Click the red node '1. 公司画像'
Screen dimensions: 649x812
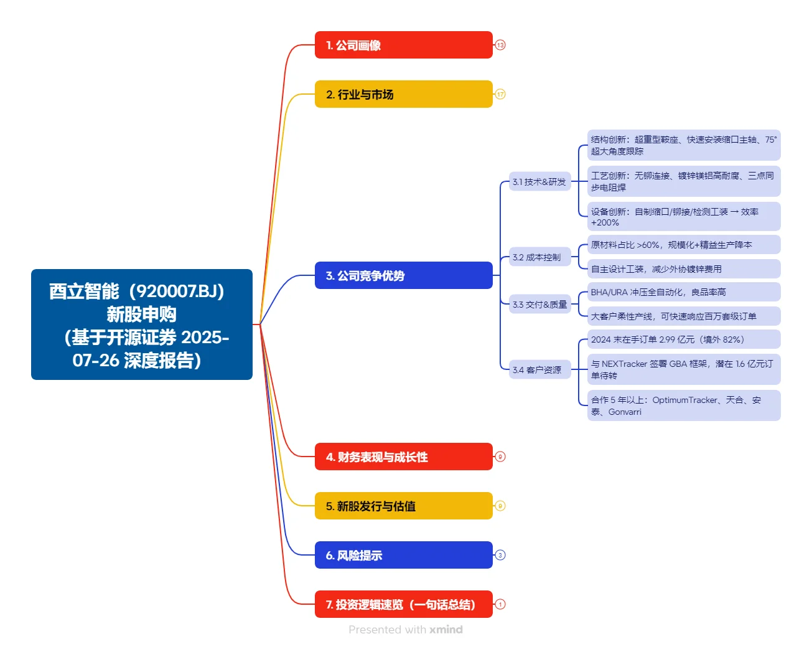tap(403, 45)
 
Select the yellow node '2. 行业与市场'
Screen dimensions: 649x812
tap(403, 94)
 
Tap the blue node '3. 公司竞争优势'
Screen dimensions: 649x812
tap(403, 275)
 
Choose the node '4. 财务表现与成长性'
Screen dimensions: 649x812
tap(403, 457)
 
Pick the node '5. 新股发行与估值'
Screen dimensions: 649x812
tap(403, 506)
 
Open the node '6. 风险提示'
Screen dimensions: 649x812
tap(403, 555)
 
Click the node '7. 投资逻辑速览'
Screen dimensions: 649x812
tap(403, 604)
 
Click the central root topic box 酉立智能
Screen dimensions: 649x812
tap(142, 324)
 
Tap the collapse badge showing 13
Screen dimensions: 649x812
tap(500, 45)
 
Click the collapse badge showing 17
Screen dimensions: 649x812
tap(500, 94)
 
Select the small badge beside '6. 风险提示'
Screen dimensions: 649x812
tap(500, 555)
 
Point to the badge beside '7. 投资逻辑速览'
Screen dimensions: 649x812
tap(500, 604)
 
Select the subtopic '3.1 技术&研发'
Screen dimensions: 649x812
tap(539, 182)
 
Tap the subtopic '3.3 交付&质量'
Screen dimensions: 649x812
tap(539, 305)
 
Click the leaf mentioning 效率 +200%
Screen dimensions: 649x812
tap(683, 217)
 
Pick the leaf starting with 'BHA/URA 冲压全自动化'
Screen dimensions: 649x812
tap(683, 292)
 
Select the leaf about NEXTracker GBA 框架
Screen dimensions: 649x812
tap(683, 369)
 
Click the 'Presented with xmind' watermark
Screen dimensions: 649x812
tap(406, 630)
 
